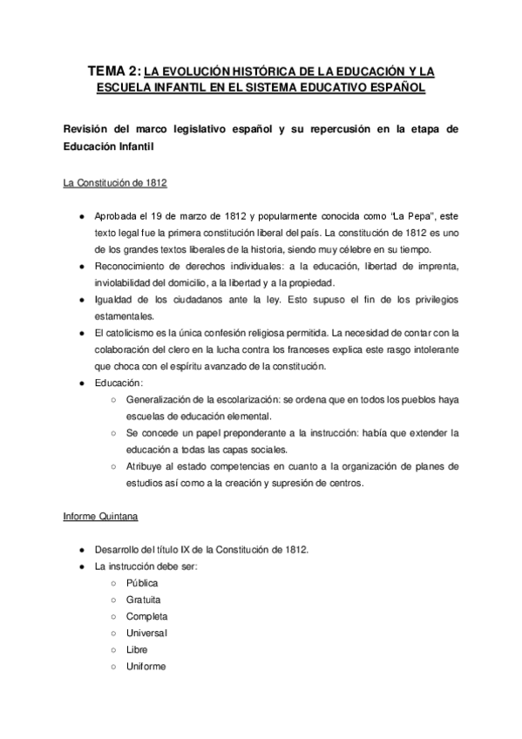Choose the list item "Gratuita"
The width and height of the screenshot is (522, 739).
tap(144, 600)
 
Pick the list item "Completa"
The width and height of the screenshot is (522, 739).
tap(146, 616)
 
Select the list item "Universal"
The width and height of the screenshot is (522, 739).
tap(147, 633)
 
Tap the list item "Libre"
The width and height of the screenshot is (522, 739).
tap(137, 649)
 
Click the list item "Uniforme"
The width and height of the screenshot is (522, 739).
tap(146, 666)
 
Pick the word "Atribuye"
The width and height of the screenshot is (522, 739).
tap(146, 466)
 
